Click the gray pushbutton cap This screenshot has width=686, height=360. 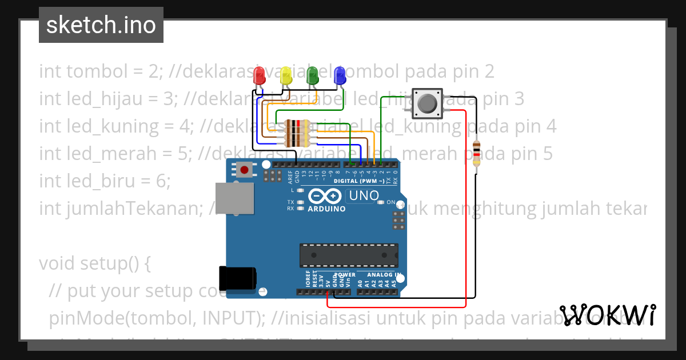coord(426,103)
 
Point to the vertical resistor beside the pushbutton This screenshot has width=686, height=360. coord(477,153)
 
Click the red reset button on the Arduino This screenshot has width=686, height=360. coord(245,169)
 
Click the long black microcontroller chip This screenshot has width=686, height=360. coord(349,255)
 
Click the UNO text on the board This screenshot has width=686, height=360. coord(364,196)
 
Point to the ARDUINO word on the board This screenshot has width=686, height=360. coord(326,209)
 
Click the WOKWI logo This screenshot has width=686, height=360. coord(608,315)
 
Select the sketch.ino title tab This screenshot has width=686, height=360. coord(101,25)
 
